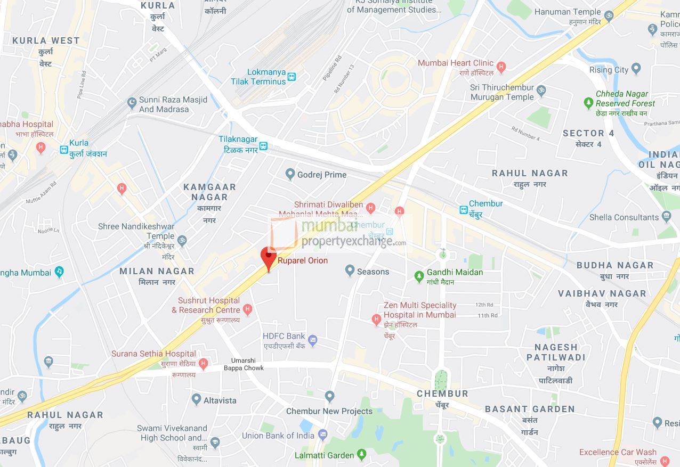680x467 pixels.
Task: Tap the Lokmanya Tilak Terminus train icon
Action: point(292,77)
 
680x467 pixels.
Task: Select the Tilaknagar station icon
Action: point(263,146)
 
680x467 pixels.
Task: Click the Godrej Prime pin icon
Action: point(290,174)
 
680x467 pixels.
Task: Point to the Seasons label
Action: point(373,272)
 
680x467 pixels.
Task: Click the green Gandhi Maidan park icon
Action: point(419,276)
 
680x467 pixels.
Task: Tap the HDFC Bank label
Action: point(284,336)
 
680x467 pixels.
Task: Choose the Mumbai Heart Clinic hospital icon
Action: point(500,68)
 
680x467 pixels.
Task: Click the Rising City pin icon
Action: point(636,69)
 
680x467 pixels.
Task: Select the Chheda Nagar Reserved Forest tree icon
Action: point(588,103)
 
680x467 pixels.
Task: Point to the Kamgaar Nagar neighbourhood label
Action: point(209,192)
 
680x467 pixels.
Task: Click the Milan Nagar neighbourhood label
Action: point(157,271)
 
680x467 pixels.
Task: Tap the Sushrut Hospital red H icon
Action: point(247,309)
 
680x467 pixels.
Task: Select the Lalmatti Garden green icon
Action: point(362,454)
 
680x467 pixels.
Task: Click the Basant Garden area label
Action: point(529,409)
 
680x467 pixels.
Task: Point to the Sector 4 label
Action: point(588,133)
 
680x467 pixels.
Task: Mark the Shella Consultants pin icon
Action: point(666,216)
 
